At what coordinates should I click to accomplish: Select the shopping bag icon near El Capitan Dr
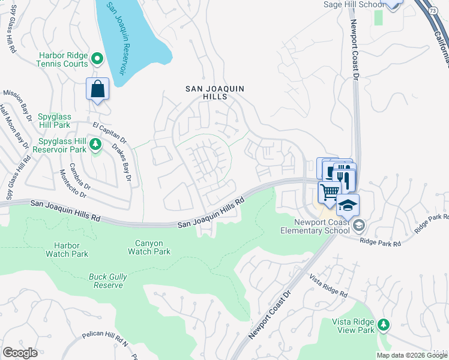point(97,90)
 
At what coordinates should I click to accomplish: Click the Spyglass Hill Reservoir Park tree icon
point(95,144)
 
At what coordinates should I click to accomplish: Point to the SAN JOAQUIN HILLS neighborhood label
point(214,92)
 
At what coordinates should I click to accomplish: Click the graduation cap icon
point(348,205)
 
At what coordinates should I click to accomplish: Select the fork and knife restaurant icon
point(345,179)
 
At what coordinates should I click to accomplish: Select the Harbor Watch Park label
point(67,250)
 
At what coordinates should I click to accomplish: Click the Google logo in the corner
point(20,353)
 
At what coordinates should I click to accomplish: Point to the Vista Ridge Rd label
point(328,286)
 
